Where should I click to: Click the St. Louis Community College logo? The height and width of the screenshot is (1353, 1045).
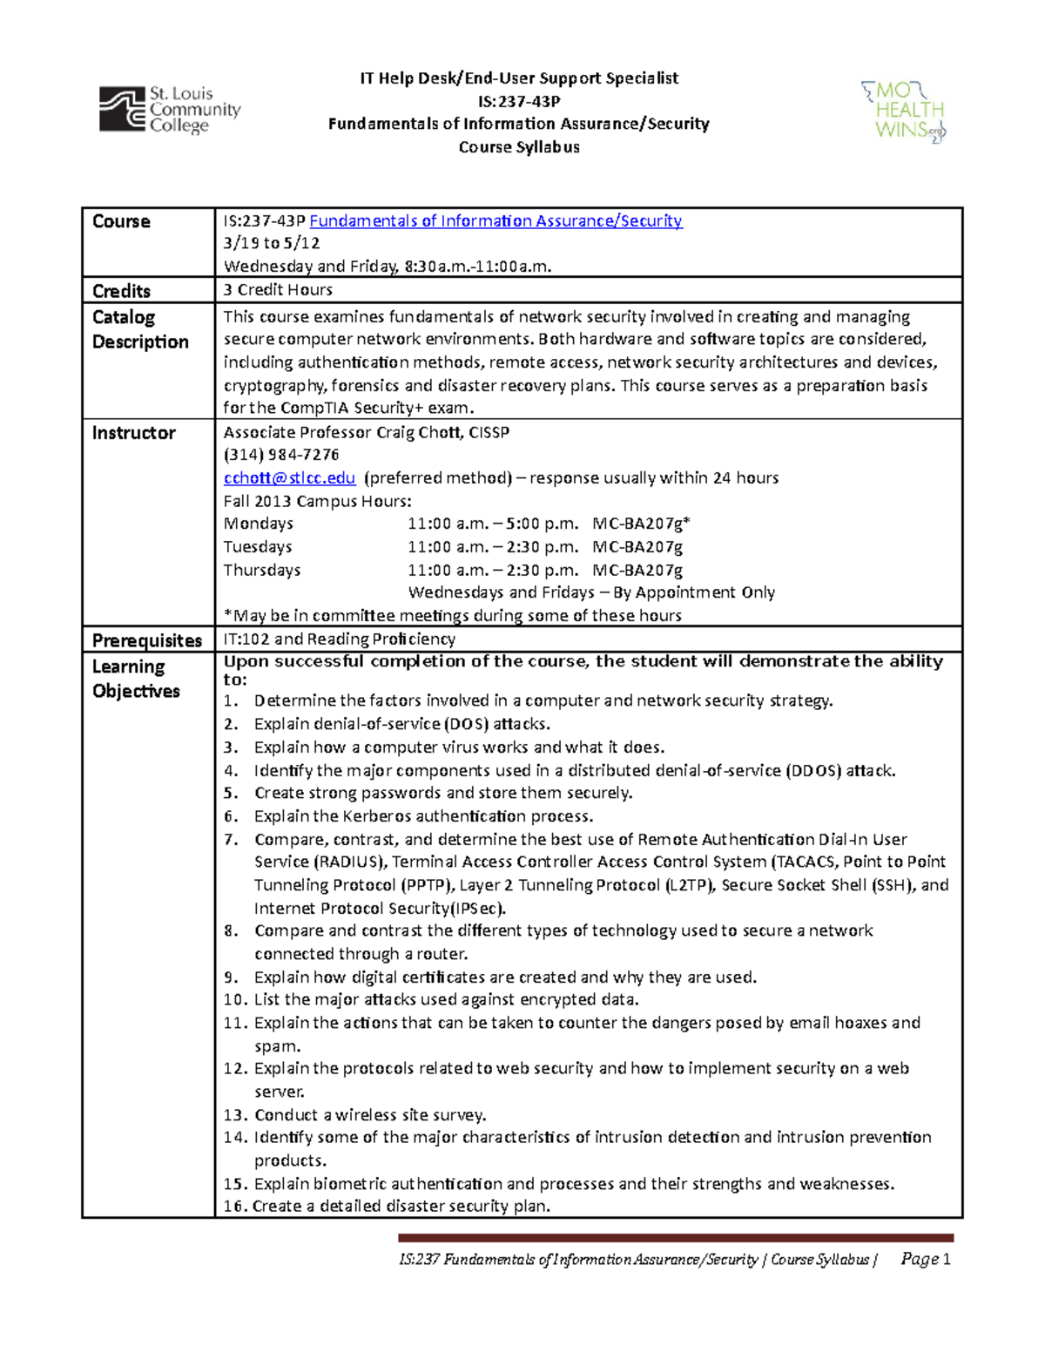tap(169, 110)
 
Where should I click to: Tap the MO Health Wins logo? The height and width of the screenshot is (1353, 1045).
tap(903, 112)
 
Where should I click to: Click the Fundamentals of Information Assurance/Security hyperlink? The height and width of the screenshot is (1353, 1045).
tap(496, 221)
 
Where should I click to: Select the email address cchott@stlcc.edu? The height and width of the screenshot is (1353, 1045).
tap(289, 477)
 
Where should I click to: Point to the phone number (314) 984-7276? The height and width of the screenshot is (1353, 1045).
tap(281, 455)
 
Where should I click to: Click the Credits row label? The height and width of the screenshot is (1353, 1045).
tap(121, 291)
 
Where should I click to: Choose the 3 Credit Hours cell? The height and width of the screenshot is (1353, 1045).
tap(278, 290)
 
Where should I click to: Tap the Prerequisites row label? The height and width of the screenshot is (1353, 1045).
tap(146, 640)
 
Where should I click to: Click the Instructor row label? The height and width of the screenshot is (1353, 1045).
tap(133, 433)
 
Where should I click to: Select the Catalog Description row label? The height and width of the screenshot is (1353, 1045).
tap(139, 329)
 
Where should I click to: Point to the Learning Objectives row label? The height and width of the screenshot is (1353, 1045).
tap(136, 679)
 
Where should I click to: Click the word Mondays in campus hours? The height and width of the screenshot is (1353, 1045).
tap(258, 524)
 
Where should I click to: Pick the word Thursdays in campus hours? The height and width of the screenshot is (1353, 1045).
tap(261, 570)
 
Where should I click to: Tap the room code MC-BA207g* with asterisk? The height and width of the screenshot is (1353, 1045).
tap(641, 524)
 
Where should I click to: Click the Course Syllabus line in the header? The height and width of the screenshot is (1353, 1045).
tap(519, 147)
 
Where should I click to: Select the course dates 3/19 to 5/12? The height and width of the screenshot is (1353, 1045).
tap(272, 244)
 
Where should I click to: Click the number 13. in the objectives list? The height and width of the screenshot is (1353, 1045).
tap(235, 1115)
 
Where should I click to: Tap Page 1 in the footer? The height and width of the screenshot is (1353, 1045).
tap(925, 1259)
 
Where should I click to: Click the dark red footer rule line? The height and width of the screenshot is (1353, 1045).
tap(676, 1237)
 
